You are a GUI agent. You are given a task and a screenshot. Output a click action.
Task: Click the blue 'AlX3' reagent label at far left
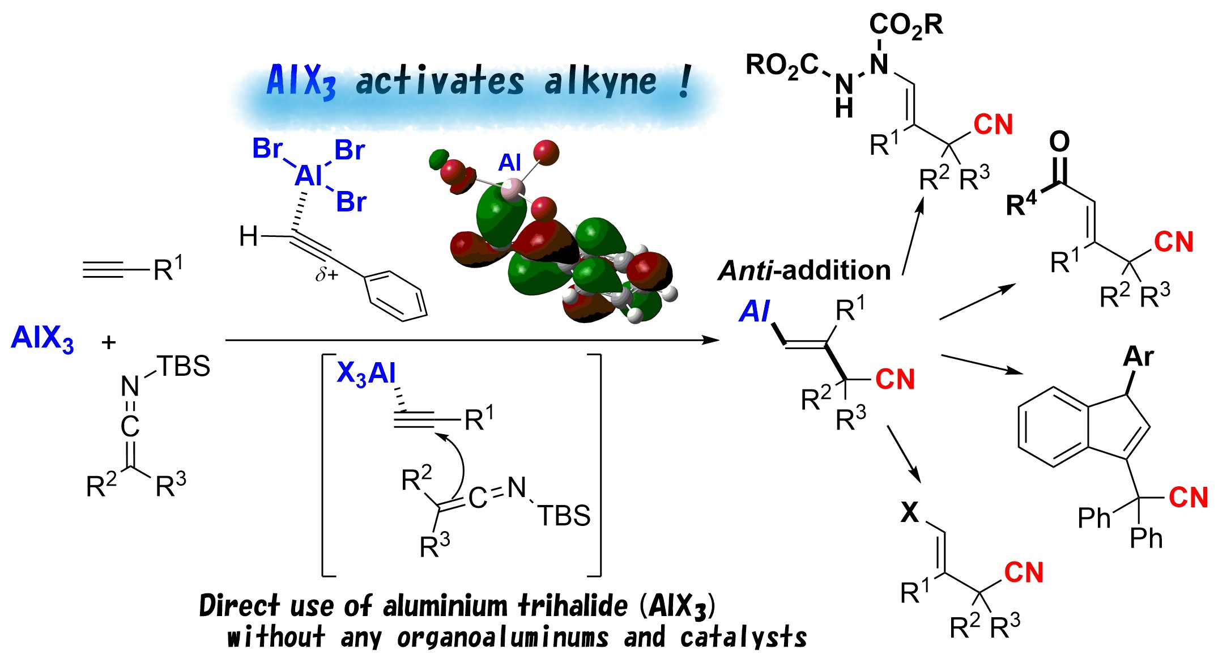[42, 339]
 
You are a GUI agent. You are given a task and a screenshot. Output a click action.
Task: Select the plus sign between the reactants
[108, 342]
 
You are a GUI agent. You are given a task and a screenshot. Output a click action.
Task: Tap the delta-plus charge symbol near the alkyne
[327, 275]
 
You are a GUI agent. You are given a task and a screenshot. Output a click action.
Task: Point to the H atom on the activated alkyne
[248, 236]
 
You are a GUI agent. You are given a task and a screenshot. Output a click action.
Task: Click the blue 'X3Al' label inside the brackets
[366, 374]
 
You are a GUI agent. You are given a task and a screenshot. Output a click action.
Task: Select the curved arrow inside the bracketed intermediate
[456, 465]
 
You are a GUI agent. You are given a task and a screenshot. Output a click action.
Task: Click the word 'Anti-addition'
[804, 270]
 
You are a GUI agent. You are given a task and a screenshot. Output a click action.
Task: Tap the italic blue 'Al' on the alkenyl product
[755, 311]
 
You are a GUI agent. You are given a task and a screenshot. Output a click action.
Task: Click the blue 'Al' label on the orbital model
[509, 163]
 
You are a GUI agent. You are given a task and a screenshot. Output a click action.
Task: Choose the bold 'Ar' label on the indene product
[1138, 357]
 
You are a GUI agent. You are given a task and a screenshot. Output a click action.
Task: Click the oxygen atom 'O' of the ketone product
[1059, 141]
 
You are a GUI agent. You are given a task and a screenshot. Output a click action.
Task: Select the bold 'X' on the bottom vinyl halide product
[910, 512]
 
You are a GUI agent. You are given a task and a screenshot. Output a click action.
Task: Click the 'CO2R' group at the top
[906, 25]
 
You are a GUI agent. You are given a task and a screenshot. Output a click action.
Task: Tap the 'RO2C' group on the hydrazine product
[782, 65]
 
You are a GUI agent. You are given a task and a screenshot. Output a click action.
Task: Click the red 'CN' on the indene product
[1189, 497]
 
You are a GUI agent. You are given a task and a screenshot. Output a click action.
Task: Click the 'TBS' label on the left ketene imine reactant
[183, 366]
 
